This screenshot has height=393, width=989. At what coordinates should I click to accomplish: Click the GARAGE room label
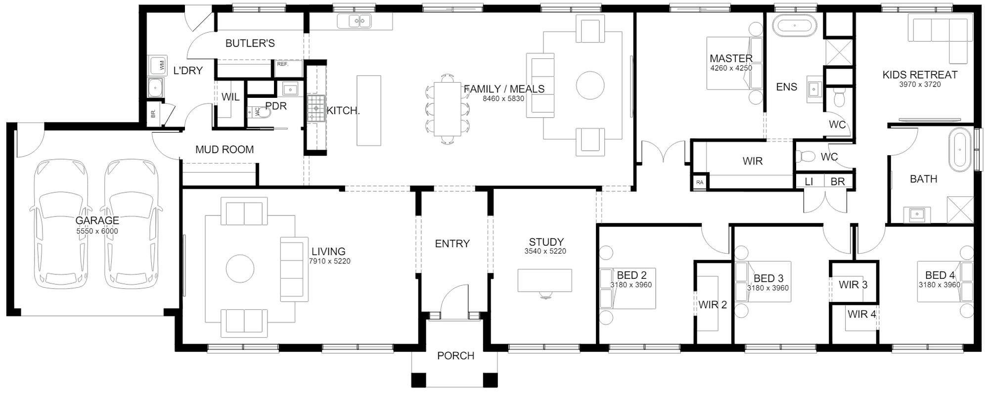[97, 220]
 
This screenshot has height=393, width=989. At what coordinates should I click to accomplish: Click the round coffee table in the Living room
[240, 269]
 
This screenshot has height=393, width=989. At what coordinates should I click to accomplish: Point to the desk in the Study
[544, 280]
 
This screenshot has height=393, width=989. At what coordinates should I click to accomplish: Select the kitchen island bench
[369, 111]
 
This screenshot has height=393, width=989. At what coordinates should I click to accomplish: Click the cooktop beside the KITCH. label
[315, 109]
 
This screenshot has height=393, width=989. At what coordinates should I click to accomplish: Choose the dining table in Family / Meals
[448, 109]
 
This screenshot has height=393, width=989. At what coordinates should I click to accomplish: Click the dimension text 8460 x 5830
[503, 99]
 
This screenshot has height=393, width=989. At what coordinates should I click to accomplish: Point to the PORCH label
[455, 356]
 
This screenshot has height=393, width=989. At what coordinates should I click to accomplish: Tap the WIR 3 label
[853, 285]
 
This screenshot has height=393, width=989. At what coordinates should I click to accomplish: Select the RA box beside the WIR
[699, 182]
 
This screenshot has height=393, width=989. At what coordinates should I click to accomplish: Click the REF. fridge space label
[282, 64]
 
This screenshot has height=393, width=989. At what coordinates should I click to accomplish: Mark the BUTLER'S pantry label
[250, 44]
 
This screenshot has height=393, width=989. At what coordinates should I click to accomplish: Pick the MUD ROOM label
[225, 150]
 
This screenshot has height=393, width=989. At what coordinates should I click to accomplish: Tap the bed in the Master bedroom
[735, 63]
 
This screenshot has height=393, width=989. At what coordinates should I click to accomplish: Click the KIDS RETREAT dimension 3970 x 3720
[920, 85]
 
